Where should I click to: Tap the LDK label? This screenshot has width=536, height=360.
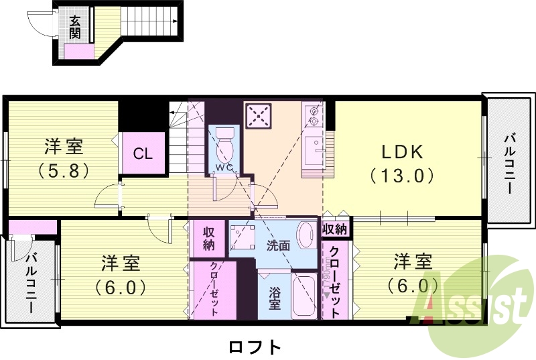pos(402,152)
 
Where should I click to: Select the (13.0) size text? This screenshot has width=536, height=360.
pos(402,176)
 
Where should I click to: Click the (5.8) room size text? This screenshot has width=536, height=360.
pos(64,170)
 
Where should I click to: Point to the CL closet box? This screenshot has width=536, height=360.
pos(143,154)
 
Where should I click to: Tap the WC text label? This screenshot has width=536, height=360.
pos(224,167)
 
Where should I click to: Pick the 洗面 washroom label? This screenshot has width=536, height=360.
pos(279,245)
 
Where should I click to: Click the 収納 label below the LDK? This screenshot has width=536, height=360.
pos(334,229)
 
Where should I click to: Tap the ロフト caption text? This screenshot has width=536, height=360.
pos(255,347)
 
